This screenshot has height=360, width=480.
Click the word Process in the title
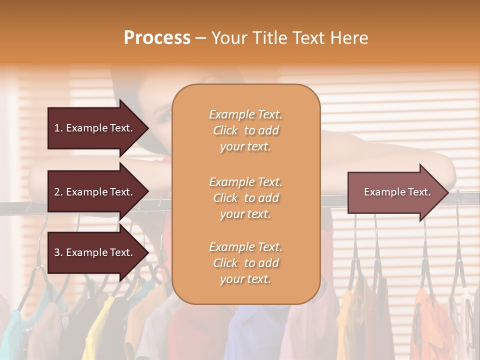click(x=157, y=38)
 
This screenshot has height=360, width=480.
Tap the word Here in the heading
click(x=348, y=38)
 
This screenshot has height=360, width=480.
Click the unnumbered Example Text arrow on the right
click(x=395, y=192)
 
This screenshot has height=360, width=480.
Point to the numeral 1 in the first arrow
click(x=56, y=128)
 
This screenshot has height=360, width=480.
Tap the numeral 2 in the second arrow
click(x=57, y=192)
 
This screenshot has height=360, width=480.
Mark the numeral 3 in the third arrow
click(x=57, y=252)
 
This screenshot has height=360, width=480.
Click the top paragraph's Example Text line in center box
click(x=245, y=114)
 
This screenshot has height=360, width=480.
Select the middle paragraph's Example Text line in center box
click(x=245, y=181)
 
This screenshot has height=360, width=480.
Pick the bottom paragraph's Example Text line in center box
click(x=245, y=247)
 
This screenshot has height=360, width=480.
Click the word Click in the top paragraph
click(x=225, y=130)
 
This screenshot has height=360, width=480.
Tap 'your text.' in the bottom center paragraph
click(x=245, y=279)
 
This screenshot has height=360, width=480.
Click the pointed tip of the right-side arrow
click(x=448, y=192)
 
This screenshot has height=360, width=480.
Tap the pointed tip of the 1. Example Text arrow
click(x=148, y=128)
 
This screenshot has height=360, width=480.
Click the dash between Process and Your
click(x=200, y=38)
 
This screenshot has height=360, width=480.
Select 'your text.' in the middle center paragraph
click(x=245, y=213)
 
